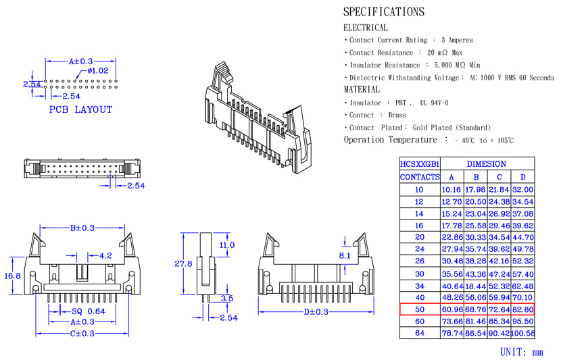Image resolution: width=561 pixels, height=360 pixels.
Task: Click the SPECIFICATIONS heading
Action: [x=384, y=11]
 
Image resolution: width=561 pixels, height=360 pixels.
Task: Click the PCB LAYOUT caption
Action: [x=80, y=109]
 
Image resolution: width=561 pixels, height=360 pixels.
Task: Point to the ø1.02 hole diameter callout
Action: [x=98, y=70]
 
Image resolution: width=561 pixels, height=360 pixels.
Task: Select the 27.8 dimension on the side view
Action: [x=184, y=264]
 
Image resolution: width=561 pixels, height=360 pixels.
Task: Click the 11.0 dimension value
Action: [x=227, y=245]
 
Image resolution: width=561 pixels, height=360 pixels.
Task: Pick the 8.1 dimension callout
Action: [x=345, y=255]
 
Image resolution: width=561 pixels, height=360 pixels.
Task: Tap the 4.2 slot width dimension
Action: [x=105, y=256]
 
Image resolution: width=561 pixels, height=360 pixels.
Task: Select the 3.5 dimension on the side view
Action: [x=227, y=298]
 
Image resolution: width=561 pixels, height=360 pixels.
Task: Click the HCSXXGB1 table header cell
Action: [x=420, y=164]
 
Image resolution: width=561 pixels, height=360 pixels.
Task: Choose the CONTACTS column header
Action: [x=420, y=177]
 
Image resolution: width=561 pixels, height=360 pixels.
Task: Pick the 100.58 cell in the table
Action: [x=523, y=333]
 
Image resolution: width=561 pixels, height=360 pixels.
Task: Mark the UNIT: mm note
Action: [x=522, y=352]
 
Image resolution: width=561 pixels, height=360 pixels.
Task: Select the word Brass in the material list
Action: [x=397, y=115]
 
